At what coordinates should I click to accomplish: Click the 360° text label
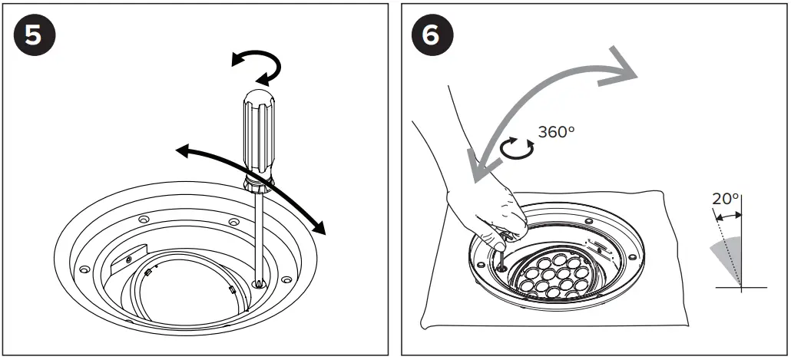tap(556, 131)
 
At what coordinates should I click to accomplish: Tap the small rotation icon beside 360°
tap(518, 147)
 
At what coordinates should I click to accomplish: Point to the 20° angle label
tap(725, 199)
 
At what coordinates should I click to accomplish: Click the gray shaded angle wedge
tap(729, 257)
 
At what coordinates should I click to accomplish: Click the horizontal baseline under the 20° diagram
tap(740, 287)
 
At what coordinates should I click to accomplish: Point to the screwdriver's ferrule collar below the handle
tap(256, 183)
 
